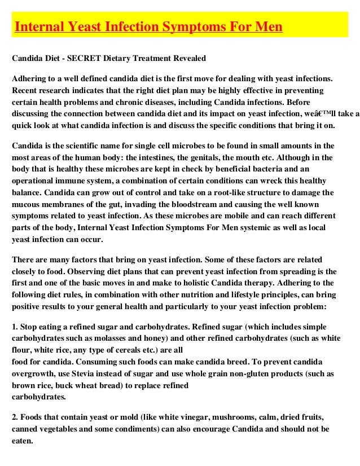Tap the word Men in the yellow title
tap(268, 27)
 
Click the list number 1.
tap(15, 327)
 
